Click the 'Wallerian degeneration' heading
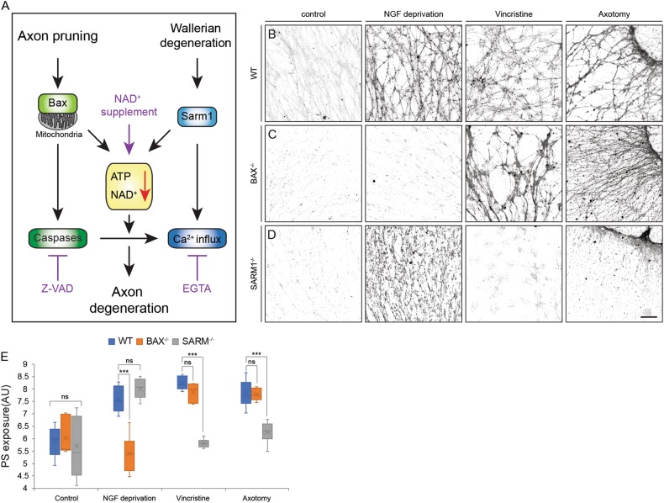coord(195,38)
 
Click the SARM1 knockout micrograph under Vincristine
coord(514,274)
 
